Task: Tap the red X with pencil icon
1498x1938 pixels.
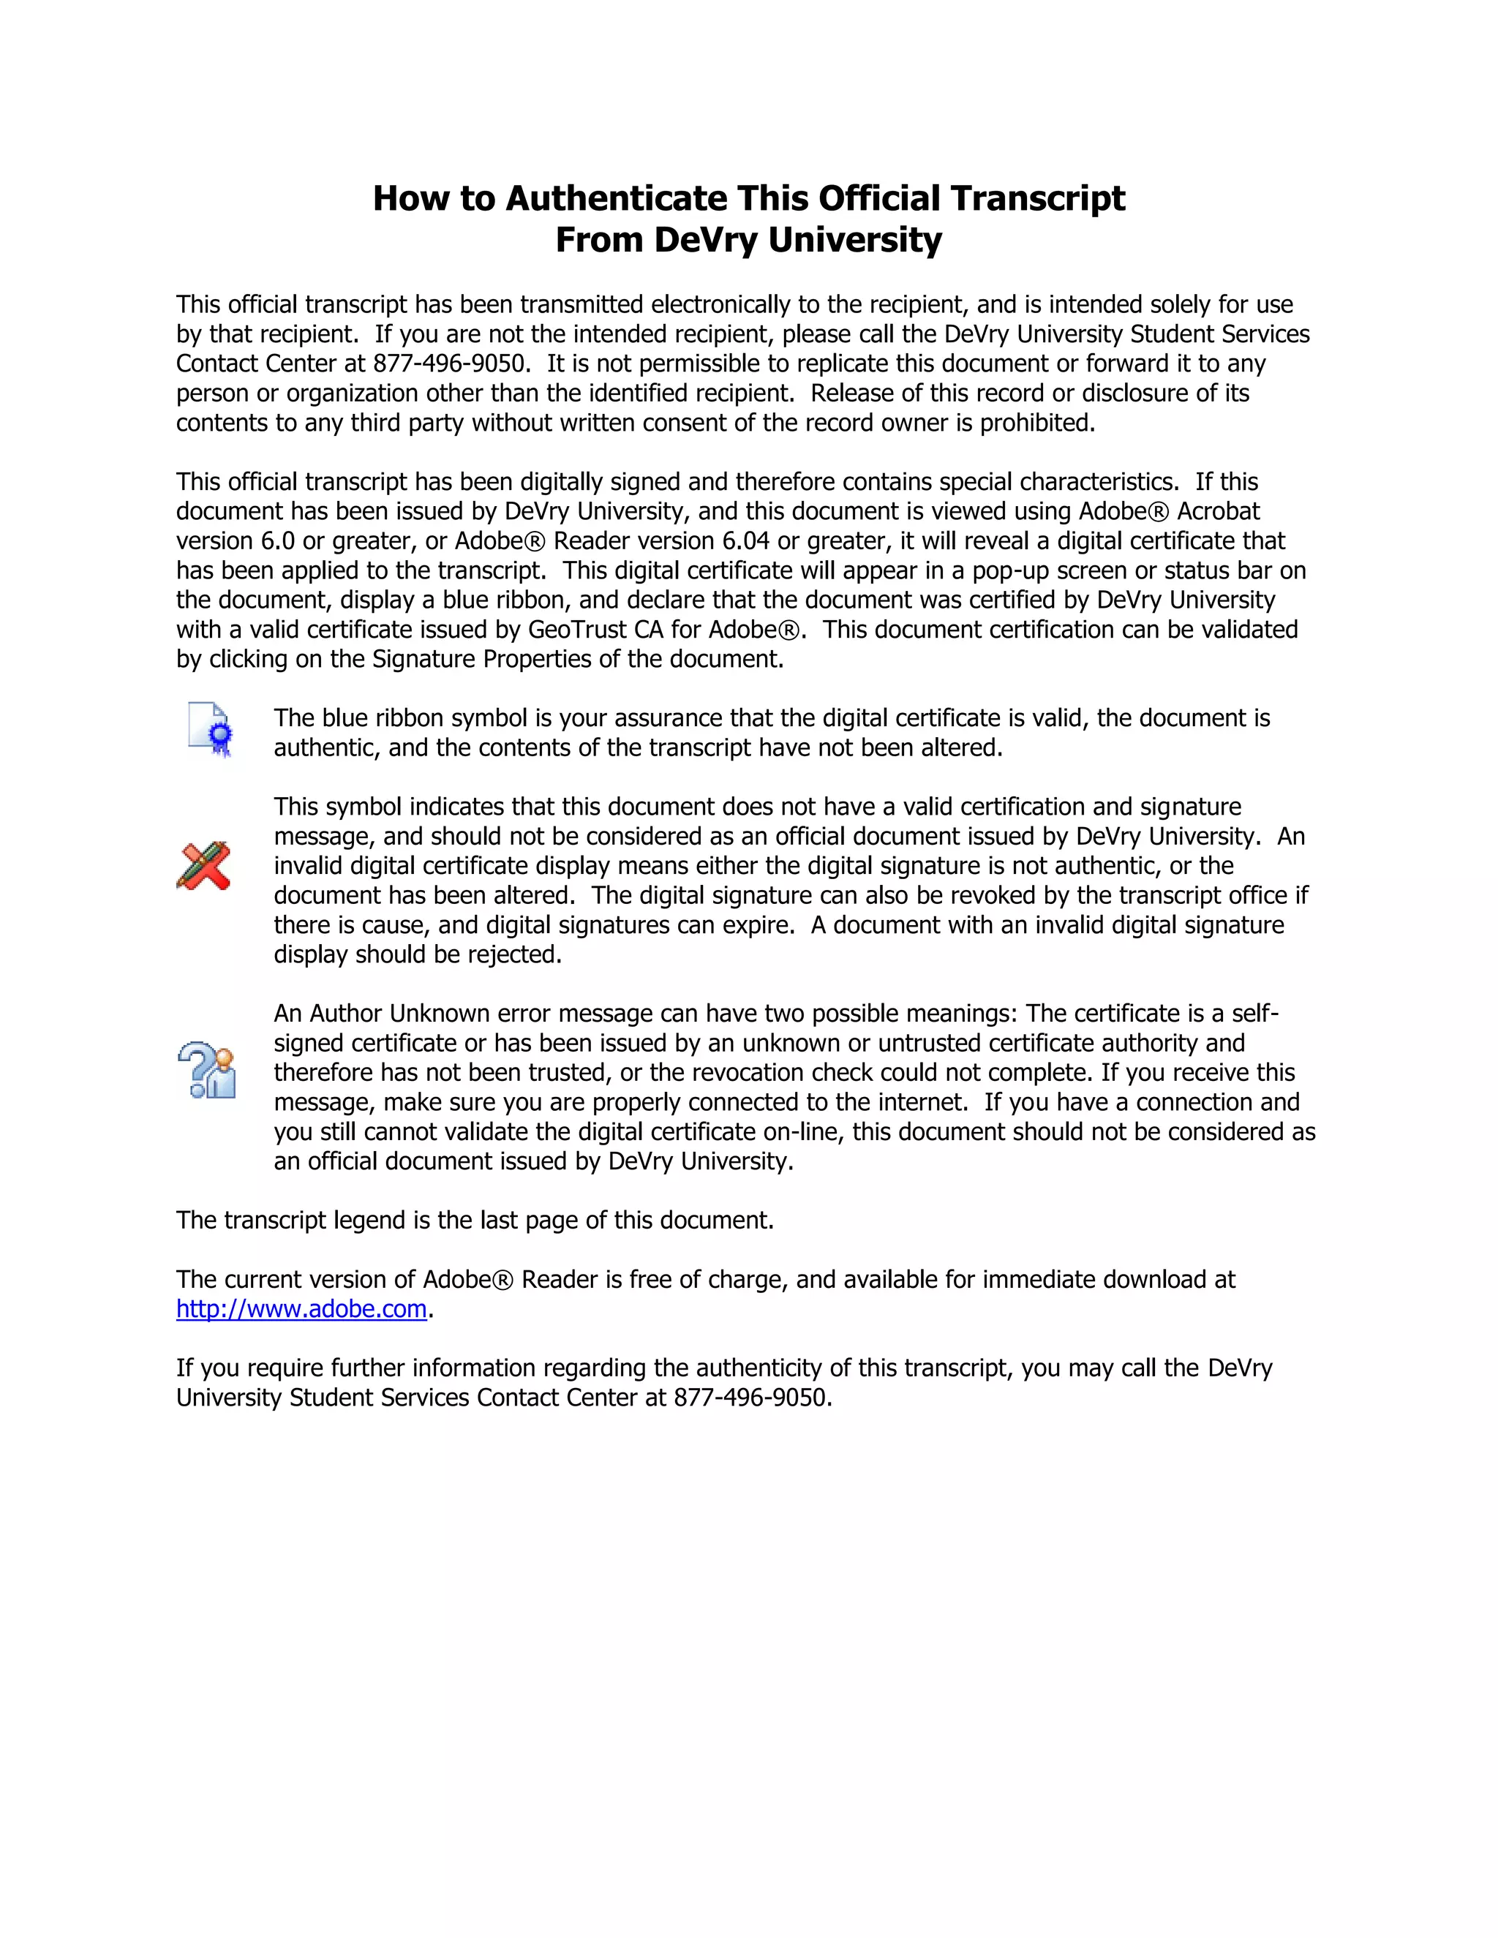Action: (203, 865)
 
